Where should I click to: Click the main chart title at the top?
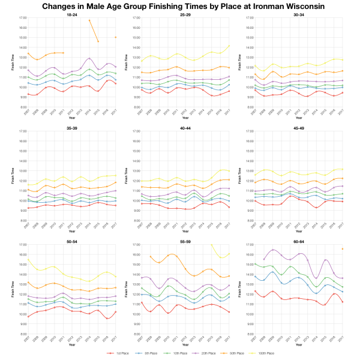(x=180, y=6)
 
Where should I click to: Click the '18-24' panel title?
(x=71, y=13)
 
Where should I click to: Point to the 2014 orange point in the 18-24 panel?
(x=89, y=20)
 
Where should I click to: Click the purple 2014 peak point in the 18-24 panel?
(x=89, y=58)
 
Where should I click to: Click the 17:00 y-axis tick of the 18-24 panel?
(x=22, y=18)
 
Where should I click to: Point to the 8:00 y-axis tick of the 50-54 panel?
(x=22, y=334)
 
